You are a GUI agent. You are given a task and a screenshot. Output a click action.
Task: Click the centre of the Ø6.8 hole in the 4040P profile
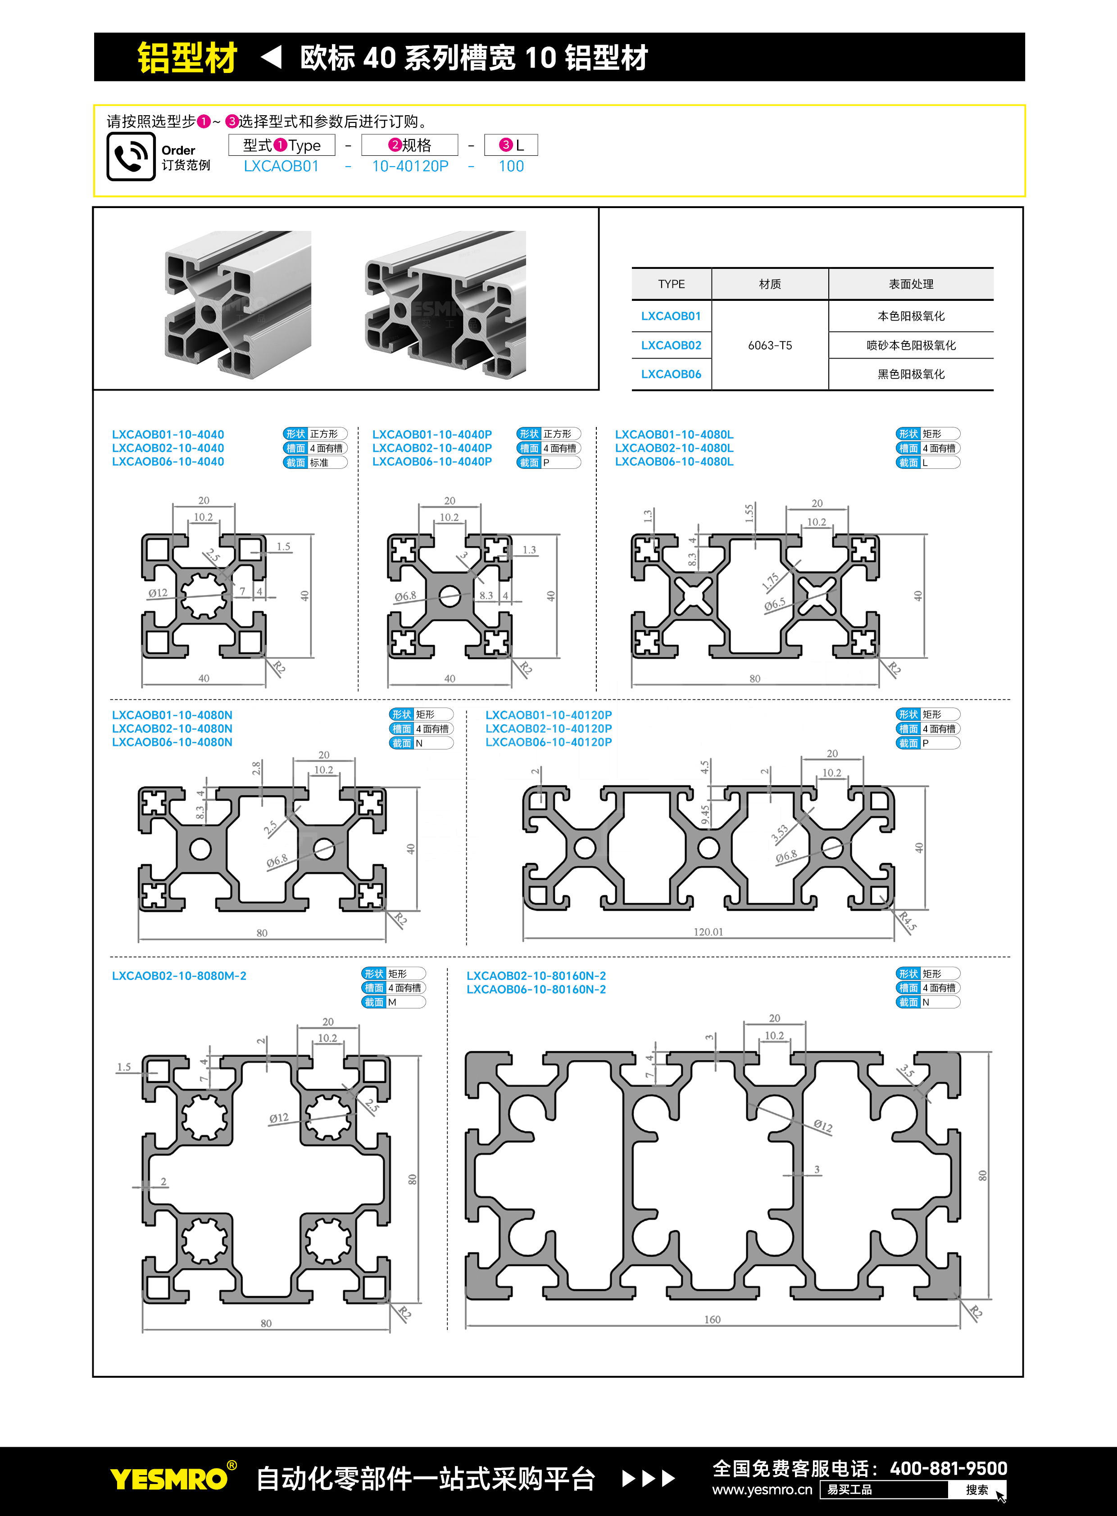coord(450,596)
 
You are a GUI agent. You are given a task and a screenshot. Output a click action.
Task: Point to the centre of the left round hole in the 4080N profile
coord(200,849)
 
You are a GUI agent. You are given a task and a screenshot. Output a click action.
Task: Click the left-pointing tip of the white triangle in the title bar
coord(261,57)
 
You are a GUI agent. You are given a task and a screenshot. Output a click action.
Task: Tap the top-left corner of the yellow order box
coord(93,105)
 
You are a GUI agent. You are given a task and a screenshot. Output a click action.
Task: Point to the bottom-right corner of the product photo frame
coord(599,390)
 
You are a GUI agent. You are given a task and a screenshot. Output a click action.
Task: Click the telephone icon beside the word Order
coord(131,156)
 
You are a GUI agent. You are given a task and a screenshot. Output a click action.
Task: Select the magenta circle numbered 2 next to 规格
coord(395,145)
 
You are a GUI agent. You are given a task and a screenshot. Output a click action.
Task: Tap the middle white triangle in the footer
coord(648,1478)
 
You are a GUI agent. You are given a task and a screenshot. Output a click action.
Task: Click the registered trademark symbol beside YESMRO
coord(232,1465)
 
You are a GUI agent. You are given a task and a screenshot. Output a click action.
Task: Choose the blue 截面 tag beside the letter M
coord(374,1002)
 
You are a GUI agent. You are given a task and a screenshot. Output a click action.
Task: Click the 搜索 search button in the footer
coord(977,1489)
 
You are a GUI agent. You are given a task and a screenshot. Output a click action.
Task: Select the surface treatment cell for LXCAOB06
coord(911,374)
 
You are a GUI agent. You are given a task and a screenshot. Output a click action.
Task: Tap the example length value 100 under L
coord(511,166)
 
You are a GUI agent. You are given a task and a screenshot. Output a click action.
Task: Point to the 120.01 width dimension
coord(708,932)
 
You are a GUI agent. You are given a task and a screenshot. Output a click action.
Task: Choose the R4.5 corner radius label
coord(908,921)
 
